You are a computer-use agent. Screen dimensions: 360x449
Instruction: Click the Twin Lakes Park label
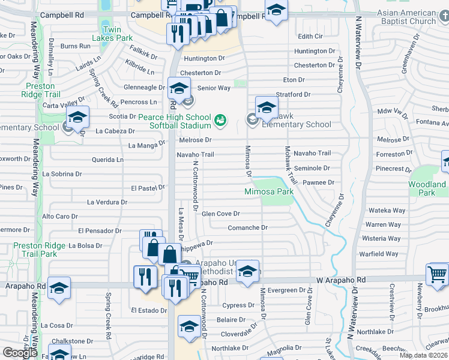click(x=117, y=34)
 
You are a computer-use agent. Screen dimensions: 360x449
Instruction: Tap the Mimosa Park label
click(x=268, y=192)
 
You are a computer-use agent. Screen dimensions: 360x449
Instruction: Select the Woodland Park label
click(x=427, y=189)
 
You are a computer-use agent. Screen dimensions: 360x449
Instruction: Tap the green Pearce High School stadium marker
click(x=220, y=121)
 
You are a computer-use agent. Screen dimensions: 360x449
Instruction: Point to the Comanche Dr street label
click(x=247, y=227)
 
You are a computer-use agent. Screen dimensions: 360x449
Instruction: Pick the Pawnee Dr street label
click(x=318, y=182)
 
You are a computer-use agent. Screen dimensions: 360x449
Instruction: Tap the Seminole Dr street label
click(x=316, y=169)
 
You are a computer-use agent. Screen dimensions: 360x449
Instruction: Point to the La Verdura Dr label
click(x=107, y=202)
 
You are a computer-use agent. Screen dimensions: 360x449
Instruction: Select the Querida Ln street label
click(x=107, y=160)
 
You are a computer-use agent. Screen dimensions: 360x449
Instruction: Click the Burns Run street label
click(x=75, y=46)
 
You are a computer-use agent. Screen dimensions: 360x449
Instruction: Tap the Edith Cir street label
click(x=310, y=36)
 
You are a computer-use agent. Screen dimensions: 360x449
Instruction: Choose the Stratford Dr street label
click(x=293, y=94)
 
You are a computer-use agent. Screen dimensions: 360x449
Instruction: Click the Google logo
click(x=20, y=353)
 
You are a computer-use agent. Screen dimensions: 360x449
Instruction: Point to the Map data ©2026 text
click(x=424, y=355)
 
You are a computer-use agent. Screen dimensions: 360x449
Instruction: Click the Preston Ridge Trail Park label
click(x=35, y=250)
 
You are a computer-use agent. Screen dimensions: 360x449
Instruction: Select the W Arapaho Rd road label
click(x=340, y=280)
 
